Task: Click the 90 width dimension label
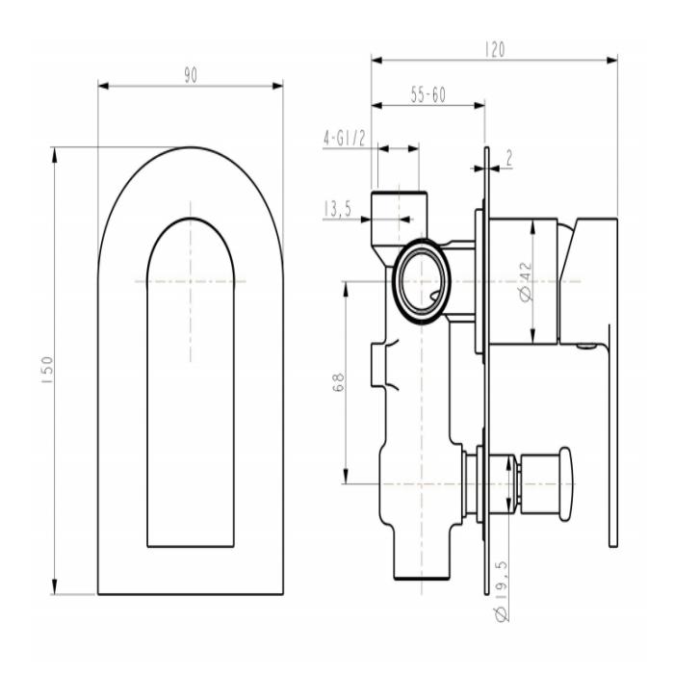(x=191, y=76)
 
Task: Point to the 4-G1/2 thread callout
(x=344, y=139)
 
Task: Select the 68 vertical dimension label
(x=334, y=383)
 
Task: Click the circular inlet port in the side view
(x=422, y=280)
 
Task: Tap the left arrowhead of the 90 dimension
(x=102, y=86)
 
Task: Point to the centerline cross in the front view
(x=191, y=281)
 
